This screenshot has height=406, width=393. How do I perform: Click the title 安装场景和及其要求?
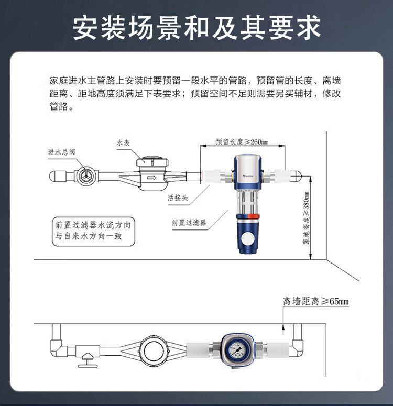(196, 27)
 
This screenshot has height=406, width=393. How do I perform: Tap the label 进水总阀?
(62, 152)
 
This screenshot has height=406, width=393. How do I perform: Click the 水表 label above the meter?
(123, 143)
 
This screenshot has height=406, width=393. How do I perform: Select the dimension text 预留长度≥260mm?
(242, 142)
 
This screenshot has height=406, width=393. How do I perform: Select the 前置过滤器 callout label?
(189, 223)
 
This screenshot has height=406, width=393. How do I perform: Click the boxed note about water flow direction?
(93, 231)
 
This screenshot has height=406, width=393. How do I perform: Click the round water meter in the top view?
(155, 350)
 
